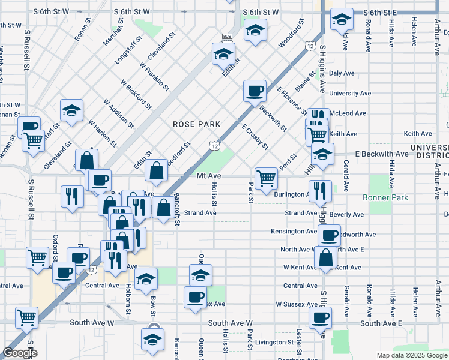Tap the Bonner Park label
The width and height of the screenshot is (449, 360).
[385, 197]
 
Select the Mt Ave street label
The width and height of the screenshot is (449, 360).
[209, 176]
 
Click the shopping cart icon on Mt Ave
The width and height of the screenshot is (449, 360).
[265, 177]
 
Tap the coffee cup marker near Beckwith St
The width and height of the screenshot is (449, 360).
[255, 91]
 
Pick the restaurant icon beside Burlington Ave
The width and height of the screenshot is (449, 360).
[321, 190]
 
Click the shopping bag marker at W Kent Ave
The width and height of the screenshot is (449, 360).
[325, 257]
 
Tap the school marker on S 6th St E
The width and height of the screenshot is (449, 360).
[342, 19]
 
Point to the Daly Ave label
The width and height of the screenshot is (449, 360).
[342, 73]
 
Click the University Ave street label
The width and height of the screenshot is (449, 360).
[349, 94]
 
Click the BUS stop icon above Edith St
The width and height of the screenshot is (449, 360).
[227, 37]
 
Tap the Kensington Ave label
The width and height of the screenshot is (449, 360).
[294, 231]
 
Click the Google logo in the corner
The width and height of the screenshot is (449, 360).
[20, 353]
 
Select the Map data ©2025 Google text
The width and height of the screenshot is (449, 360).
[412, 355]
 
